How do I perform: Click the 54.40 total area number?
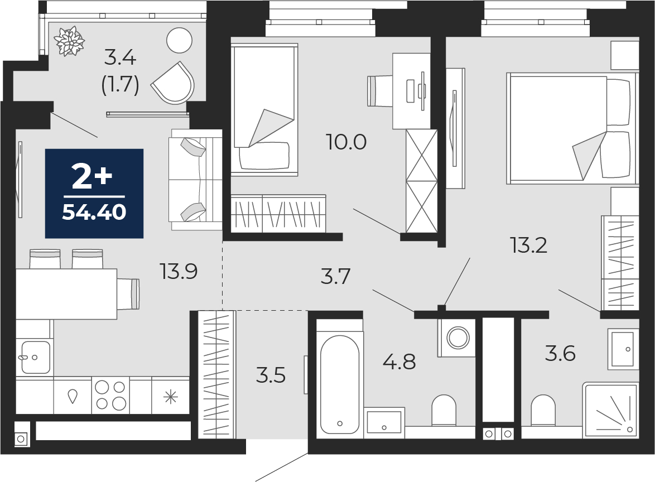coord(94,212)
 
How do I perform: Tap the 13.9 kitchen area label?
coord(179,272)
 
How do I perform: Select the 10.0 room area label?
coord(346,142)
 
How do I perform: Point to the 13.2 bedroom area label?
coord(529,245)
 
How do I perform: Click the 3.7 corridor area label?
coord(335,277)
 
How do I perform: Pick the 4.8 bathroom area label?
coord(399,361)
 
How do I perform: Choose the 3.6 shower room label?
coord(560,354)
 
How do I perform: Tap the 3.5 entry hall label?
coord(271,375)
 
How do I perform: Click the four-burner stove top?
coord(110,395)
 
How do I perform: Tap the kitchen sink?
coord(36,357)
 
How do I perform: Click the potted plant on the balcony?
coord(69,41)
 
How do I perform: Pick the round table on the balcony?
coord(179,41)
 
